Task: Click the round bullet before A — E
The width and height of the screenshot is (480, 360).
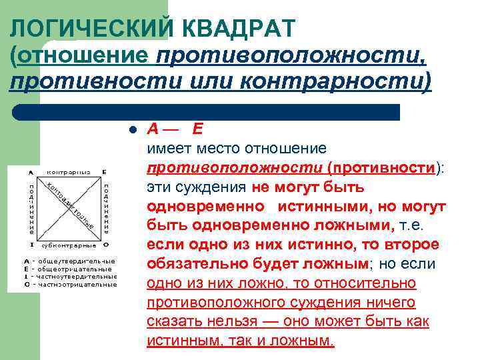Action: coord(133,129)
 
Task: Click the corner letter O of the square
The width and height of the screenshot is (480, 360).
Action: coord(105,245)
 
